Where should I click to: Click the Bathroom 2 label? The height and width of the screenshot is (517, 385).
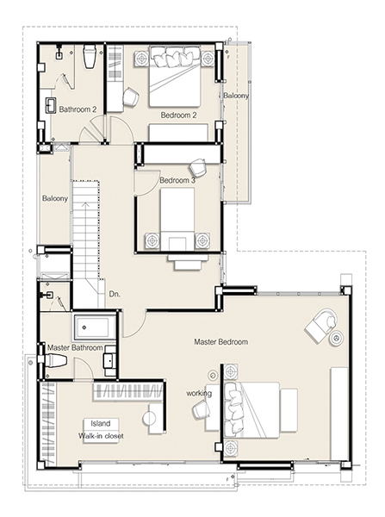click(x=78, y=109)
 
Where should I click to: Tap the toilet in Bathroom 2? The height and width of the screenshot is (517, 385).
click(x=90, y=56)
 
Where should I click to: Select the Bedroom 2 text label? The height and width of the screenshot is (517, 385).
click(x=178, y=115)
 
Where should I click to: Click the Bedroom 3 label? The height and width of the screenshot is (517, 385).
click(x=177, y=180)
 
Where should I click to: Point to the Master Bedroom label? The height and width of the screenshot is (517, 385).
click(x=220, y=342)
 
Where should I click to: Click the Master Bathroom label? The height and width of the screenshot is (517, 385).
click(x=75, y=347)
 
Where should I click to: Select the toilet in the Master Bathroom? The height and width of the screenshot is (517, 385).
click(x=53, y=359)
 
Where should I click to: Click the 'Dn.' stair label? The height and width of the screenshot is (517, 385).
click(x=115, y=294)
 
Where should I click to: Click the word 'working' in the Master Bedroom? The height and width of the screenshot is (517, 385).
click(x=199, y=394)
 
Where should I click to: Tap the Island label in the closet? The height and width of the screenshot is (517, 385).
click(x=101, y=423)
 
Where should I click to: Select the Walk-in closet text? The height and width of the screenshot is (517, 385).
click(x=101, y=436)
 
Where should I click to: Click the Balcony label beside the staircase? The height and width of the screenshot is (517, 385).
click(x=55, y=198)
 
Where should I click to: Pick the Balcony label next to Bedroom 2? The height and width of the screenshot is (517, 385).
click(x=236, y=96)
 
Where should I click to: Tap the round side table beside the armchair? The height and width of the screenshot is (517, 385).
click(x=338, y=339)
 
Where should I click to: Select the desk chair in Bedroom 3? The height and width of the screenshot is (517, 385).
click(x=198, y=167)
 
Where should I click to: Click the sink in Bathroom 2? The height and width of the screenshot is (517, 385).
click(x=50, y=105)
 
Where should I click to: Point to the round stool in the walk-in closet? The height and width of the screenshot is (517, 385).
click(x=150, y=418)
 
